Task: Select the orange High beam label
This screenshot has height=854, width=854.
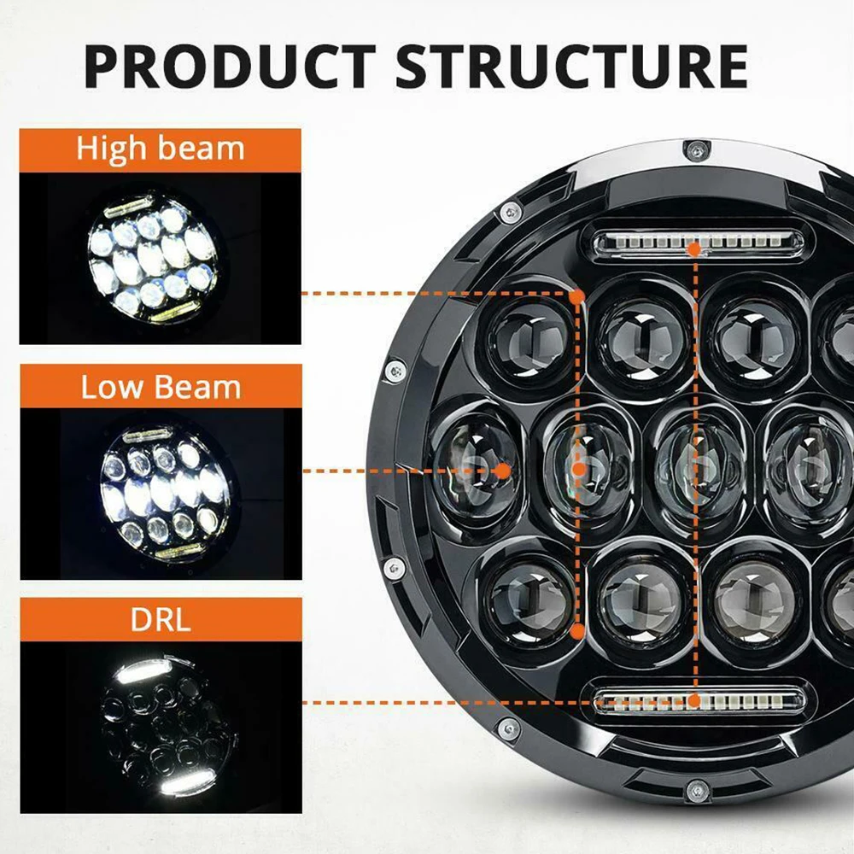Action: [161, 149]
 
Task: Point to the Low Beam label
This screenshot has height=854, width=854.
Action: [161, 387]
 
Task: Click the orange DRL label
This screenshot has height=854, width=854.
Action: [161, 619]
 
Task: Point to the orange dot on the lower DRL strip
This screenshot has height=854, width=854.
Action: [694, 702]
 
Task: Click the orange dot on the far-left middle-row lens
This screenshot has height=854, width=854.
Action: [502, 470]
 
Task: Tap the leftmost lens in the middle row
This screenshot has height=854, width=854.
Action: [476, 465]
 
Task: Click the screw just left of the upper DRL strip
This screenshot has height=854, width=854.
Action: [512, 208]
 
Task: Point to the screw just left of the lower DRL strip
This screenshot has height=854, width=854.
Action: [509, 728]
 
